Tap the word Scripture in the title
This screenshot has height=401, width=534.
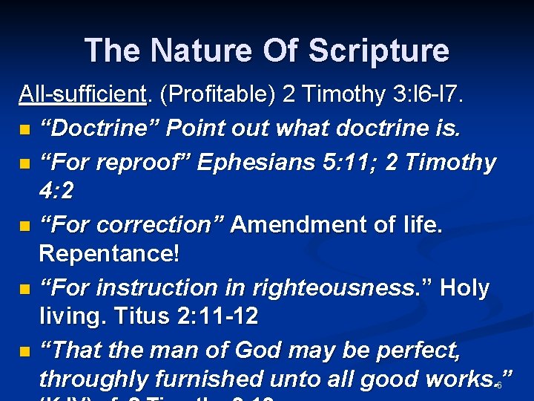378,51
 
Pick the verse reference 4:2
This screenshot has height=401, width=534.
56,192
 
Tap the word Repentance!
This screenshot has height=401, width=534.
109,254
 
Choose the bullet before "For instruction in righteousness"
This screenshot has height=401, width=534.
26,288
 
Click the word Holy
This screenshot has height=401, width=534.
464,287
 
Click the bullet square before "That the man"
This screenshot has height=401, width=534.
26,351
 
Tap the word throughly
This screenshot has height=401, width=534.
94,379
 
